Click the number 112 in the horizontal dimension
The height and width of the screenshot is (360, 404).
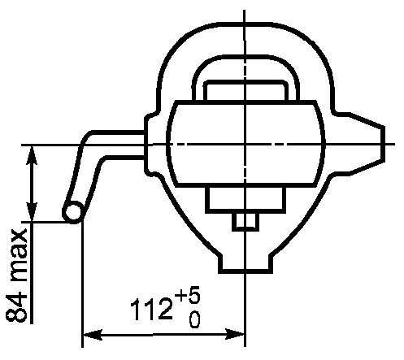pos(151,310)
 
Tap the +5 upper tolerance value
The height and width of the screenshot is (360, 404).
pos(188,294)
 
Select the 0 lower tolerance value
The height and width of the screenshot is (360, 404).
pos(194,319)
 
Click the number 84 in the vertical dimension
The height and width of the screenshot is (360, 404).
pos(17,306)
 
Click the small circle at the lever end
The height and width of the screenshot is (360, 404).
pos(73,212)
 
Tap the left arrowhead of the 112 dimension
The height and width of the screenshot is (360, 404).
pos(93,335)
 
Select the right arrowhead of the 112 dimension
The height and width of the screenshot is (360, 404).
pos(235,335)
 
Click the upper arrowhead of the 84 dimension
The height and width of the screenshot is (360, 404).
pos(32,155)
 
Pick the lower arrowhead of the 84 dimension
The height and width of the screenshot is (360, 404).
pos(32,211)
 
